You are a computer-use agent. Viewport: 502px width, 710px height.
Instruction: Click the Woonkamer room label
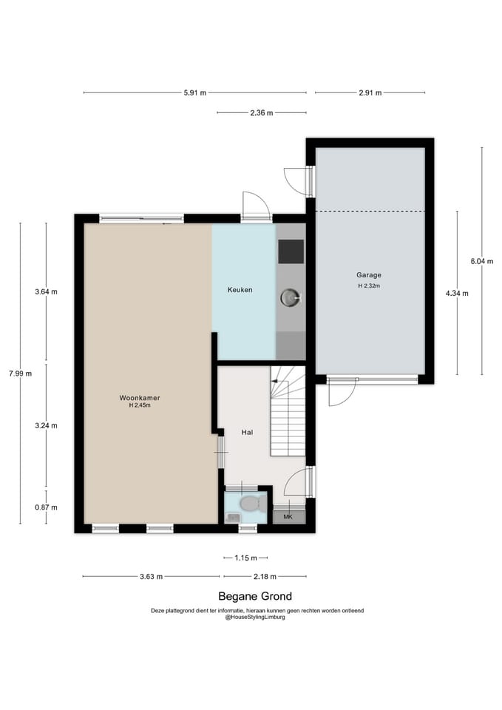140,398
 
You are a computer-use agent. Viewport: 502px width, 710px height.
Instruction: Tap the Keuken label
240,290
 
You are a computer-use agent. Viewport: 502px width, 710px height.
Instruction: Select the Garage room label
368,275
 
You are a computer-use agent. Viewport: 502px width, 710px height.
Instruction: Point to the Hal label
247,433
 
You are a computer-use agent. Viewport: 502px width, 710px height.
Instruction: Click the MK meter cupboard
288,517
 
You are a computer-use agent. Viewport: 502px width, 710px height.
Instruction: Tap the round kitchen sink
290,297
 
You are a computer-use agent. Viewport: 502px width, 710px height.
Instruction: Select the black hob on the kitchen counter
291,251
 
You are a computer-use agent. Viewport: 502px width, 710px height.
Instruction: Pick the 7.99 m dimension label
21,373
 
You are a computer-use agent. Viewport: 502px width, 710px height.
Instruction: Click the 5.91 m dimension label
194,93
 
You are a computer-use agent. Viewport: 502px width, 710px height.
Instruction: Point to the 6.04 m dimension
481,261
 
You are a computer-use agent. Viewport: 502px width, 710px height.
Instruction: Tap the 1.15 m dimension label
245,558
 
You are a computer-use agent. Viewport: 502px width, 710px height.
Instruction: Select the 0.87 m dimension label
46,507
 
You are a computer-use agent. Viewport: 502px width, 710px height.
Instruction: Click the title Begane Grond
255,596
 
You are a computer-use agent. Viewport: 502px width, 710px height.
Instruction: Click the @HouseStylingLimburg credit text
255,617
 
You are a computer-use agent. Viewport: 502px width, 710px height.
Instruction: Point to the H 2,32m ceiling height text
369,285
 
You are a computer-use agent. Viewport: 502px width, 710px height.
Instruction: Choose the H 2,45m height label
140,406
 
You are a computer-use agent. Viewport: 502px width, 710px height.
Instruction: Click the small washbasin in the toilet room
233,518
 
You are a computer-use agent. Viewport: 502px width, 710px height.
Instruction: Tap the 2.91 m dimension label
370,93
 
